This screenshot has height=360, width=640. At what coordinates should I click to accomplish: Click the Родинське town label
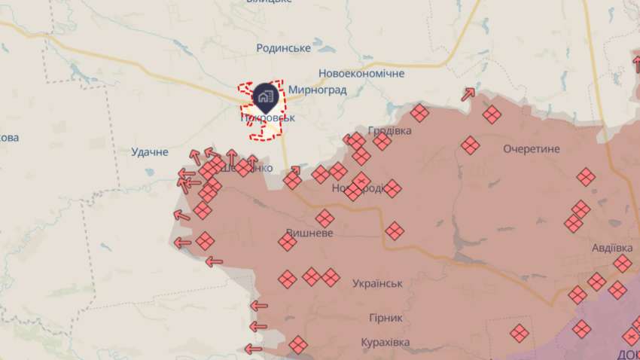(283, 48)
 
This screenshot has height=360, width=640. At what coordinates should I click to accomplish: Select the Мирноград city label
(317, 90)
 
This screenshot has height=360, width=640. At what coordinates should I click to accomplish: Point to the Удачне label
(150, 152)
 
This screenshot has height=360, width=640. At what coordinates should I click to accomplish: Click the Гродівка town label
(390, 130)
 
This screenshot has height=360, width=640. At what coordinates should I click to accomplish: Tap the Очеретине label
(532, 149)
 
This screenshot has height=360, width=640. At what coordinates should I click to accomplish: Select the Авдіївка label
(611, 248)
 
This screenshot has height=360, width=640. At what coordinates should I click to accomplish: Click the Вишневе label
(309, 233)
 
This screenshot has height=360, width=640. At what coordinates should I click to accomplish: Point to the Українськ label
(377, 283)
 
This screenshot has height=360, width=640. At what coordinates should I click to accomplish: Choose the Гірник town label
(386, 318)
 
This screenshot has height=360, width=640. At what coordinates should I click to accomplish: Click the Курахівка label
(385, 343)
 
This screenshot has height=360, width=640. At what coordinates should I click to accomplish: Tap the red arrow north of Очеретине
(468, 94)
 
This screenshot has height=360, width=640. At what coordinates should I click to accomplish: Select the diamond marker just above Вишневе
(325, 218)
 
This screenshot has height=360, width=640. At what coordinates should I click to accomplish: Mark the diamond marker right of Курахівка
(519, 332)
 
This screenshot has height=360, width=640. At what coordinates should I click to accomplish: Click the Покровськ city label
(268, 118)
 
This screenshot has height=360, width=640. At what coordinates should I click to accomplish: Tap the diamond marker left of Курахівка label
(298, 344)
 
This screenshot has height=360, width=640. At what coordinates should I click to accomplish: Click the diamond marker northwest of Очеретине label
(471, 145)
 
